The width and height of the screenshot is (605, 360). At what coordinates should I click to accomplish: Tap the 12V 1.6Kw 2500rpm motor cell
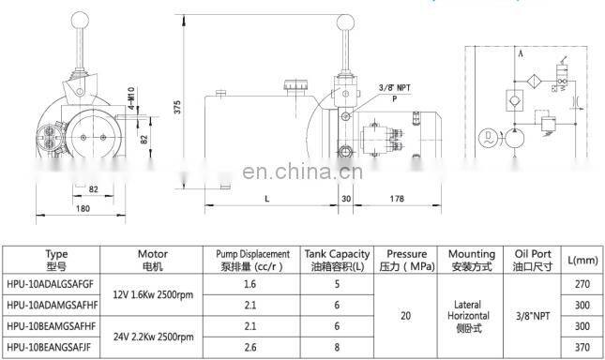152,293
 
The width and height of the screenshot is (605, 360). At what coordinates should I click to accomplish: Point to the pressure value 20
405,316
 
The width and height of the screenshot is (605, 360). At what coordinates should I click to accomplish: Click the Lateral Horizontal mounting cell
472,316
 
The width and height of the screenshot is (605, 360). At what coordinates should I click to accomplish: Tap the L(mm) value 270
582,282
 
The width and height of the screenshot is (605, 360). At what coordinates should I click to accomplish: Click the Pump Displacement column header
248,260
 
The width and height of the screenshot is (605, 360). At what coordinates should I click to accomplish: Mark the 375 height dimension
178,108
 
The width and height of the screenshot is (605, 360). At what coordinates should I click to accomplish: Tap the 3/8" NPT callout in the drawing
395,87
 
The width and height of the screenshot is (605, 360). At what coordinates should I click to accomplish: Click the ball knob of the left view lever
78,21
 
